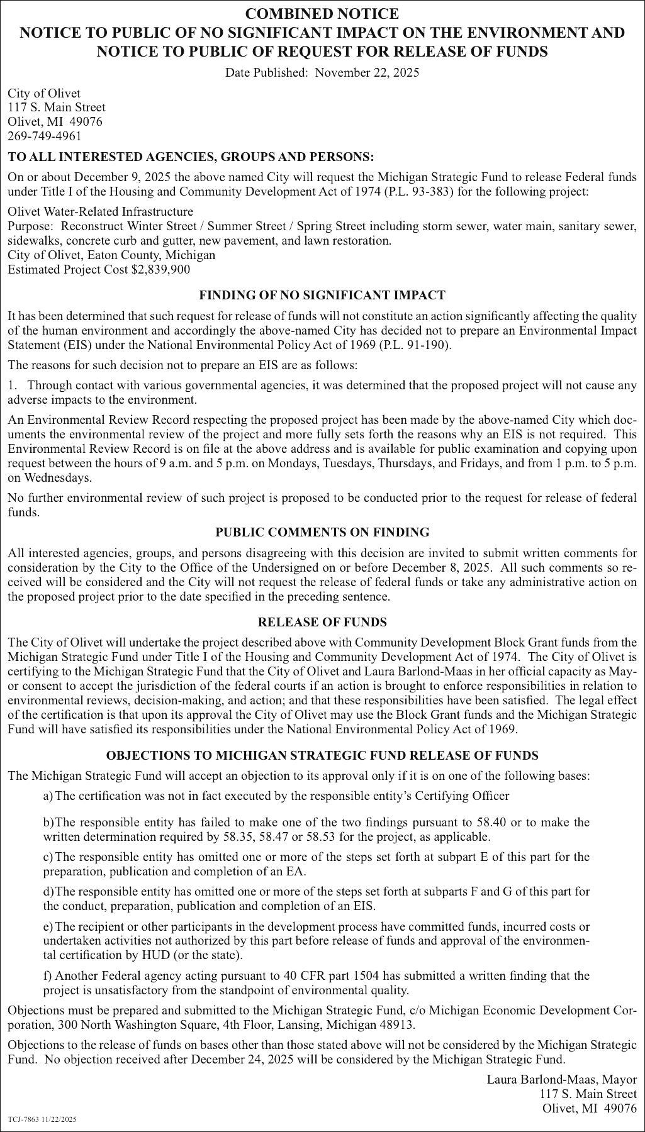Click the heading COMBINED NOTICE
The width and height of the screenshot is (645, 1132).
[x=322, y=14]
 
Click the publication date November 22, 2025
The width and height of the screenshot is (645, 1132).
[x=367, y=72]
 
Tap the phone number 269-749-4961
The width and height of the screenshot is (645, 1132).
[x=45, y=136]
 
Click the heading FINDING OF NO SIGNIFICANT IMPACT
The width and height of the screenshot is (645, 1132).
[x=322, y=294]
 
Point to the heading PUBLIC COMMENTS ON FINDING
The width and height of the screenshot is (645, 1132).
[x=322, y=532]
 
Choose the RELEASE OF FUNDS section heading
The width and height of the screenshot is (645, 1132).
[x=322, y=622]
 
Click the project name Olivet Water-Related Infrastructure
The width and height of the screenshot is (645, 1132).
[x=101, y=211]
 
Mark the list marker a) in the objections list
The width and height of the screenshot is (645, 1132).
[x=48, y=796]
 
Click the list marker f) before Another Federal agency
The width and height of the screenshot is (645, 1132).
[x=47, y=976]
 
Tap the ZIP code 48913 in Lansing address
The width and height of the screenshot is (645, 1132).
[x=398, y=1024]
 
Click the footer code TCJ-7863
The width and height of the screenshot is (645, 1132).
[x=24, y=1120]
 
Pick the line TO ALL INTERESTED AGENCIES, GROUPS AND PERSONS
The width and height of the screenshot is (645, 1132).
[x=191, y=155]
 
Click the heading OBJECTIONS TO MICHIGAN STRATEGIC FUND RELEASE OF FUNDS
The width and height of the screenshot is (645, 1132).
[x=322, y=755]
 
